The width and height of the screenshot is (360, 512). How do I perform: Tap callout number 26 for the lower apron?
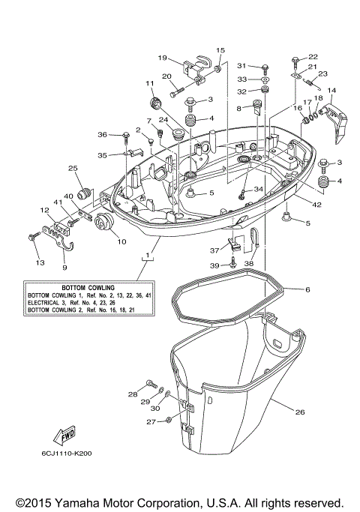(x=300, y=412)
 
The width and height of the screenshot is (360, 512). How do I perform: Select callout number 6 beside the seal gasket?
(x=307, y=289)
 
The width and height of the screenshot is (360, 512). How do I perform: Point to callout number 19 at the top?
(x=162, y=58)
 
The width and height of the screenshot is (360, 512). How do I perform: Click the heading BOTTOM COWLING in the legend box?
(x=79, y=287)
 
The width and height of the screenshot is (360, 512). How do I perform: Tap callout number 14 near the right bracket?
(x=331, y=91)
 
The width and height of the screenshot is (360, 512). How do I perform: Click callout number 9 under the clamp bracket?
(x=64, y=266)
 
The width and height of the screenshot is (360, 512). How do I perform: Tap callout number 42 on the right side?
(x=316, y=204)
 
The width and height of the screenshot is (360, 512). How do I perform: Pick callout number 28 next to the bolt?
(x=132, y=394)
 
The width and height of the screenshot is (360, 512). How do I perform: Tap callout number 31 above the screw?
(x=242, y=65)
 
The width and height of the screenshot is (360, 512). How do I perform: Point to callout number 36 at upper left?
(x=102, y=134)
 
